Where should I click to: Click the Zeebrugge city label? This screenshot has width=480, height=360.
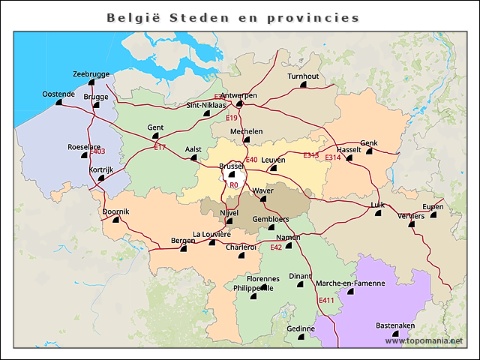pyautogui.click(x=91, y=74)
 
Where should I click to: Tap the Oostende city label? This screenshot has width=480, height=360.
pyautogui.click(x=58, y=94)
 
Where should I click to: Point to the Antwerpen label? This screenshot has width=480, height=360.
pyautogui.click(x=239, y=95)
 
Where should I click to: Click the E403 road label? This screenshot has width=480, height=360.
pyautogui.click(x=97, y=152)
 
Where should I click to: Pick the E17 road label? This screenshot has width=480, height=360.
pyautogui.click(x=160, y=147)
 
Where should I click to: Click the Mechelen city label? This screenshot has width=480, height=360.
pyautogui.click(x=246, y=131)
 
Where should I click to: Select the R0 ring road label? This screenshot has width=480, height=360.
pyautogui.click(x=233, y=184)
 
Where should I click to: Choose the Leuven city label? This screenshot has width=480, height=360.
pyautogui.click(x=273, y=160)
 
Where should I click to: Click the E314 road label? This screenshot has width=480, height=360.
pyautogui.click(x=354, y=157)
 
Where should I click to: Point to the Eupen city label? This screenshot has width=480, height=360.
pyautogui.click(x=433, y=207)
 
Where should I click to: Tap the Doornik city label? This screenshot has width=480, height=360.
pyautogui.click(x=115, y=211)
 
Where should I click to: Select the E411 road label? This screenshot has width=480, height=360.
pyautogui.click(x=326, y=301)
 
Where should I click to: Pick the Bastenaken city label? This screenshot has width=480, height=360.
pyautogui.click(x=394, y=325)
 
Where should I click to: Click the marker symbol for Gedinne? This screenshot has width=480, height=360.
pyautogui.click(x=300, y=337)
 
